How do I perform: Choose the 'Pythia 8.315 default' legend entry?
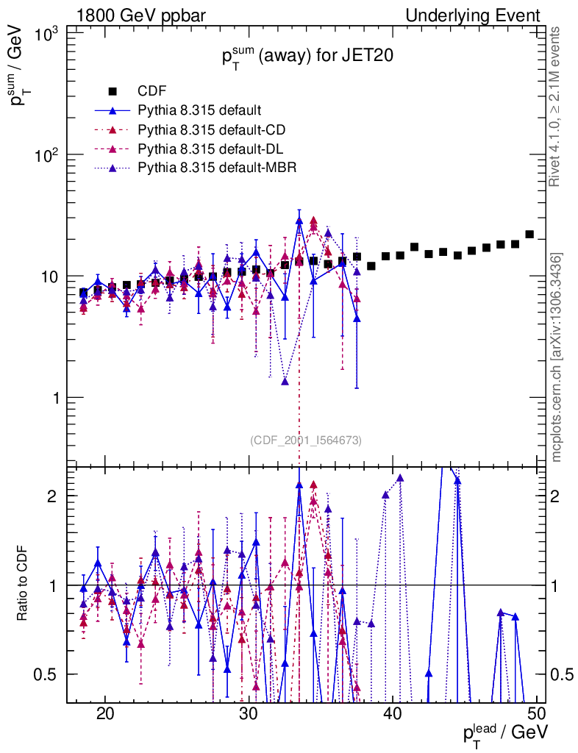tap(199, 111)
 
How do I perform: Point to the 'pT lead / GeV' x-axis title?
tap(504, 732)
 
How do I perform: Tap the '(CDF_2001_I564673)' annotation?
tap(306, 440)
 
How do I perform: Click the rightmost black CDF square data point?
tap(529, 235)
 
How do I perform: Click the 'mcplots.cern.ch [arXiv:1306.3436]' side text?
tap(557, 357)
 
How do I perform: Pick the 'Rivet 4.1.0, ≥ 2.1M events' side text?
tap(557, 107)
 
